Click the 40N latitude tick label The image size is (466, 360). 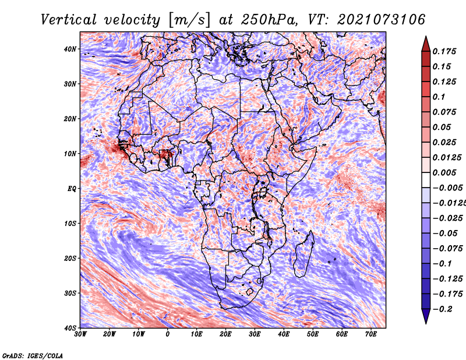[70, 49]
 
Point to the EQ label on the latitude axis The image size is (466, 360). [72, 189]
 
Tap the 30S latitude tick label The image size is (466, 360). [70, 294]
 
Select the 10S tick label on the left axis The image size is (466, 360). [70, 224]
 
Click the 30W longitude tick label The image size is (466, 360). [80, 334]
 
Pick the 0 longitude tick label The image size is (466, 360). [168, 334]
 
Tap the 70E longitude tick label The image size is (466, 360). [371, 334]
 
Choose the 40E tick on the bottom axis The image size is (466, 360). [284, 334]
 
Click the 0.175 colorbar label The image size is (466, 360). [444, 51]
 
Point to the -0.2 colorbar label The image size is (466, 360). [442, 309]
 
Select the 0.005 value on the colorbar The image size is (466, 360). [444, 172]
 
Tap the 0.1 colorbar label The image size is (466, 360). [439, 97]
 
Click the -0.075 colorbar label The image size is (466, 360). [447, 249]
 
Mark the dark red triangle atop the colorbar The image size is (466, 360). [426, 44]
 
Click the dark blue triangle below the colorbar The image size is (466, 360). [426, 316]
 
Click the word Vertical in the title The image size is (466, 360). [69, 20]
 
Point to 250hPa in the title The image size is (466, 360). [269, 20]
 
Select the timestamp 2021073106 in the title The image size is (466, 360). [381, 20]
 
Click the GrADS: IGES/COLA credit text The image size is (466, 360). [33, 355]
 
